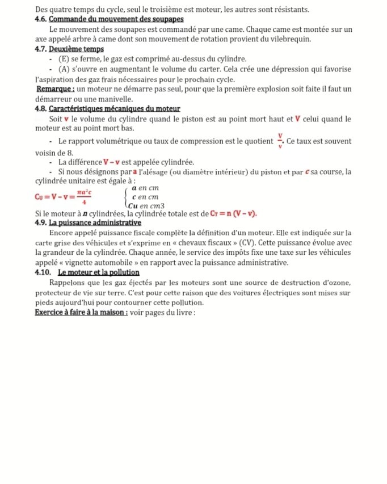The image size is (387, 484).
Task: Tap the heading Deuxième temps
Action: (76, 49)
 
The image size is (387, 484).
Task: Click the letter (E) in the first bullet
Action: (64, 59)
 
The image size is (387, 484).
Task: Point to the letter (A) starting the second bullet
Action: (65, 69)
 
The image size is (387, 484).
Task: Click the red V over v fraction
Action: (280, 140)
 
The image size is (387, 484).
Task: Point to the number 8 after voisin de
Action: (70, 153)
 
